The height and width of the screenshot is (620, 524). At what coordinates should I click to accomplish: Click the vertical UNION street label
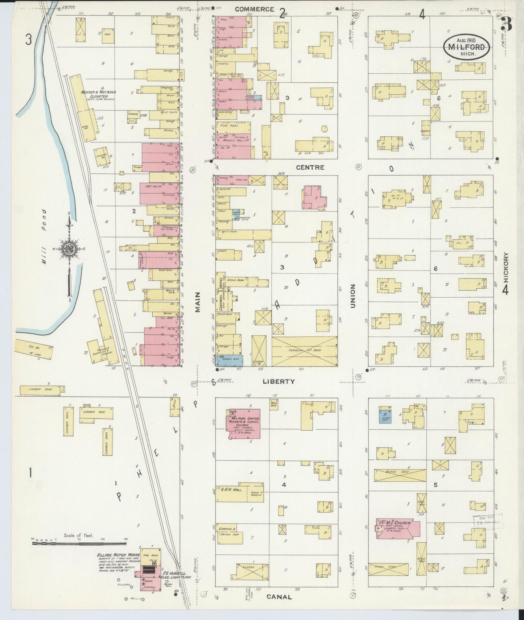pyautogui.click(x=352, y=296)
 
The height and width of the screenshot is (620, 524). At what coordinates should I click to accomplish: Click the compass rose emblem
pyautogui.click(x=68, y=250)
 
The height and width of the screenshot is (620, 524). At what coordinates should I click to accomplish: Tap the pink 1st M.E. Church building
pyautogui.click(x=398, y=529)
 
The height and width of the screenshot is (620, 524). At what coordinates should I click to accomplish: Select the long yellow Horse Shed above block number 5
pyautogui.click(x=400, y=475)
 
